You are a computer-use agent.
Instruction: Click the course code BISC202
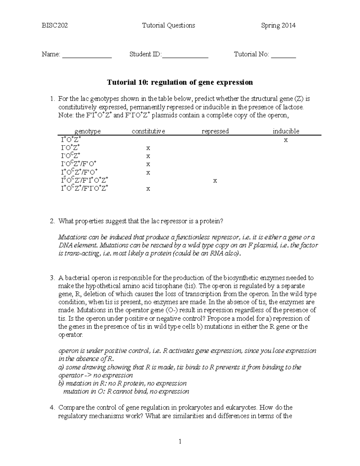tap(55, 26)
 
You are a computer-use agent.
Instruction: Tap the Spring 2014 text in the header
tap(278, 26)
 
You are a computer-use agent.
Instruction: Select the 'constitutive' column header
tap(148, 131)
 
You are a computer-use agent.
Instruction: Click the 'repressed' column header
tap(215, 131)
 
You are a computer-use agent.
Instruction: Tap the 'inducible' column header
tap(286, 131)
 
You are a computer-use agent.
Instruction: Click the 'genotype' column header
tap(87, 131)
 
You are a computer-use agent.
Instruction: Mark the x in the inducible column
tap(286, 140)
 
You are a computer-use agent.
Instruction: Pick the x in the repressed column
tap(215, 181)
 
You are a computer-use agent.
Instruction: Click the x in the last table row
tap(148, 189)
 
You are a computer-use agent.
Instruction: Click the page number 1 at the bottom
tap(180, 441)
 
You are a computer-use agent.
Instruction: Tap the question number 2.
tap(52, 221)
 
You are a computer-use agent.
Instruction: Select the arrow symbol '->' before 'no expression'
tap(88, 375)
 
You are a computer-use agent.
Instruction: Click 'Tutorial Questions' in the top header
tap(168, 26)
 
